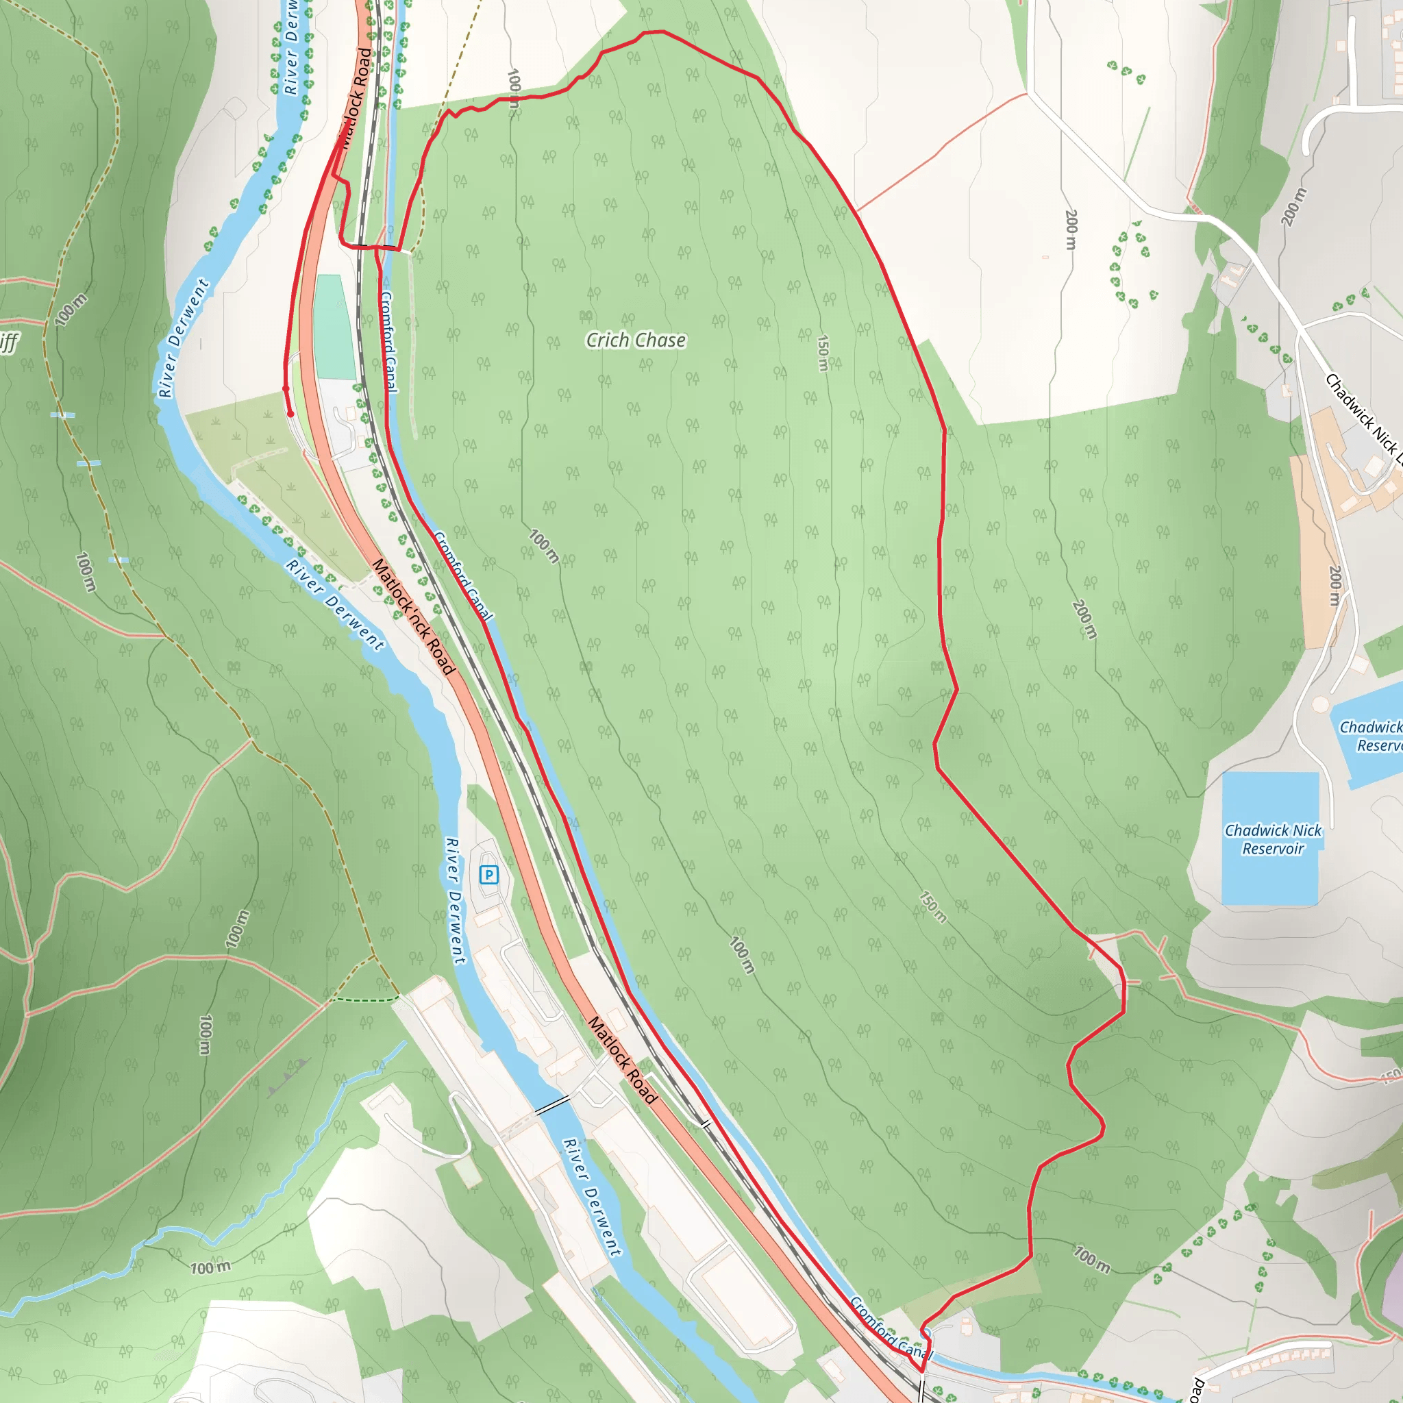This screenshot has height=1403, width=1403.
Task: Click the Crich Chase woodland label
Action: (x=636, y=340)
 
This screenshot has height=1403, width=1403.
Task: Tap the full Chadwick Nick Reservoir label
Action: (x=1273, y=839)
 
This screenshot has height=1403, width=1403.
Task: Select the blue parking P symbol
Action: (x=488, y=874)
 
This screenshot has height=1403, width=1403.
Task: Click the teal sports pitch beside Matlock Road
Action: (x=334, y=327)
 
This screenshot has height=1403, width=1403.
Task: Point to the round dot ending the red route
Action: (x=290, y=414)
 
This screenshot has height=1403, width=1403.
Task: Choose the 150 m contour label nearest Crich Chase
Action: (x=823, y=353)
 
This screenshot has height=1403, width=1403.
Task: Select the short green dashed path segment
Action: (x=363, y=1000)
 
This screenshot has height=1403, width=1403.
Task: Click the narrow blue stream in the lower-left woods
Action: (x=218, y=1227)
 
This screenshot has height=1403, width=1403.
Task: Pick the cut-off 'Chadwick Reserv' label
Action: (x=1371, y=736)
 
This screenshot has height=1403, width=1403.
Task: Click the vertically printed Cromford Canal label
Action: (x=388, y=341)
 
